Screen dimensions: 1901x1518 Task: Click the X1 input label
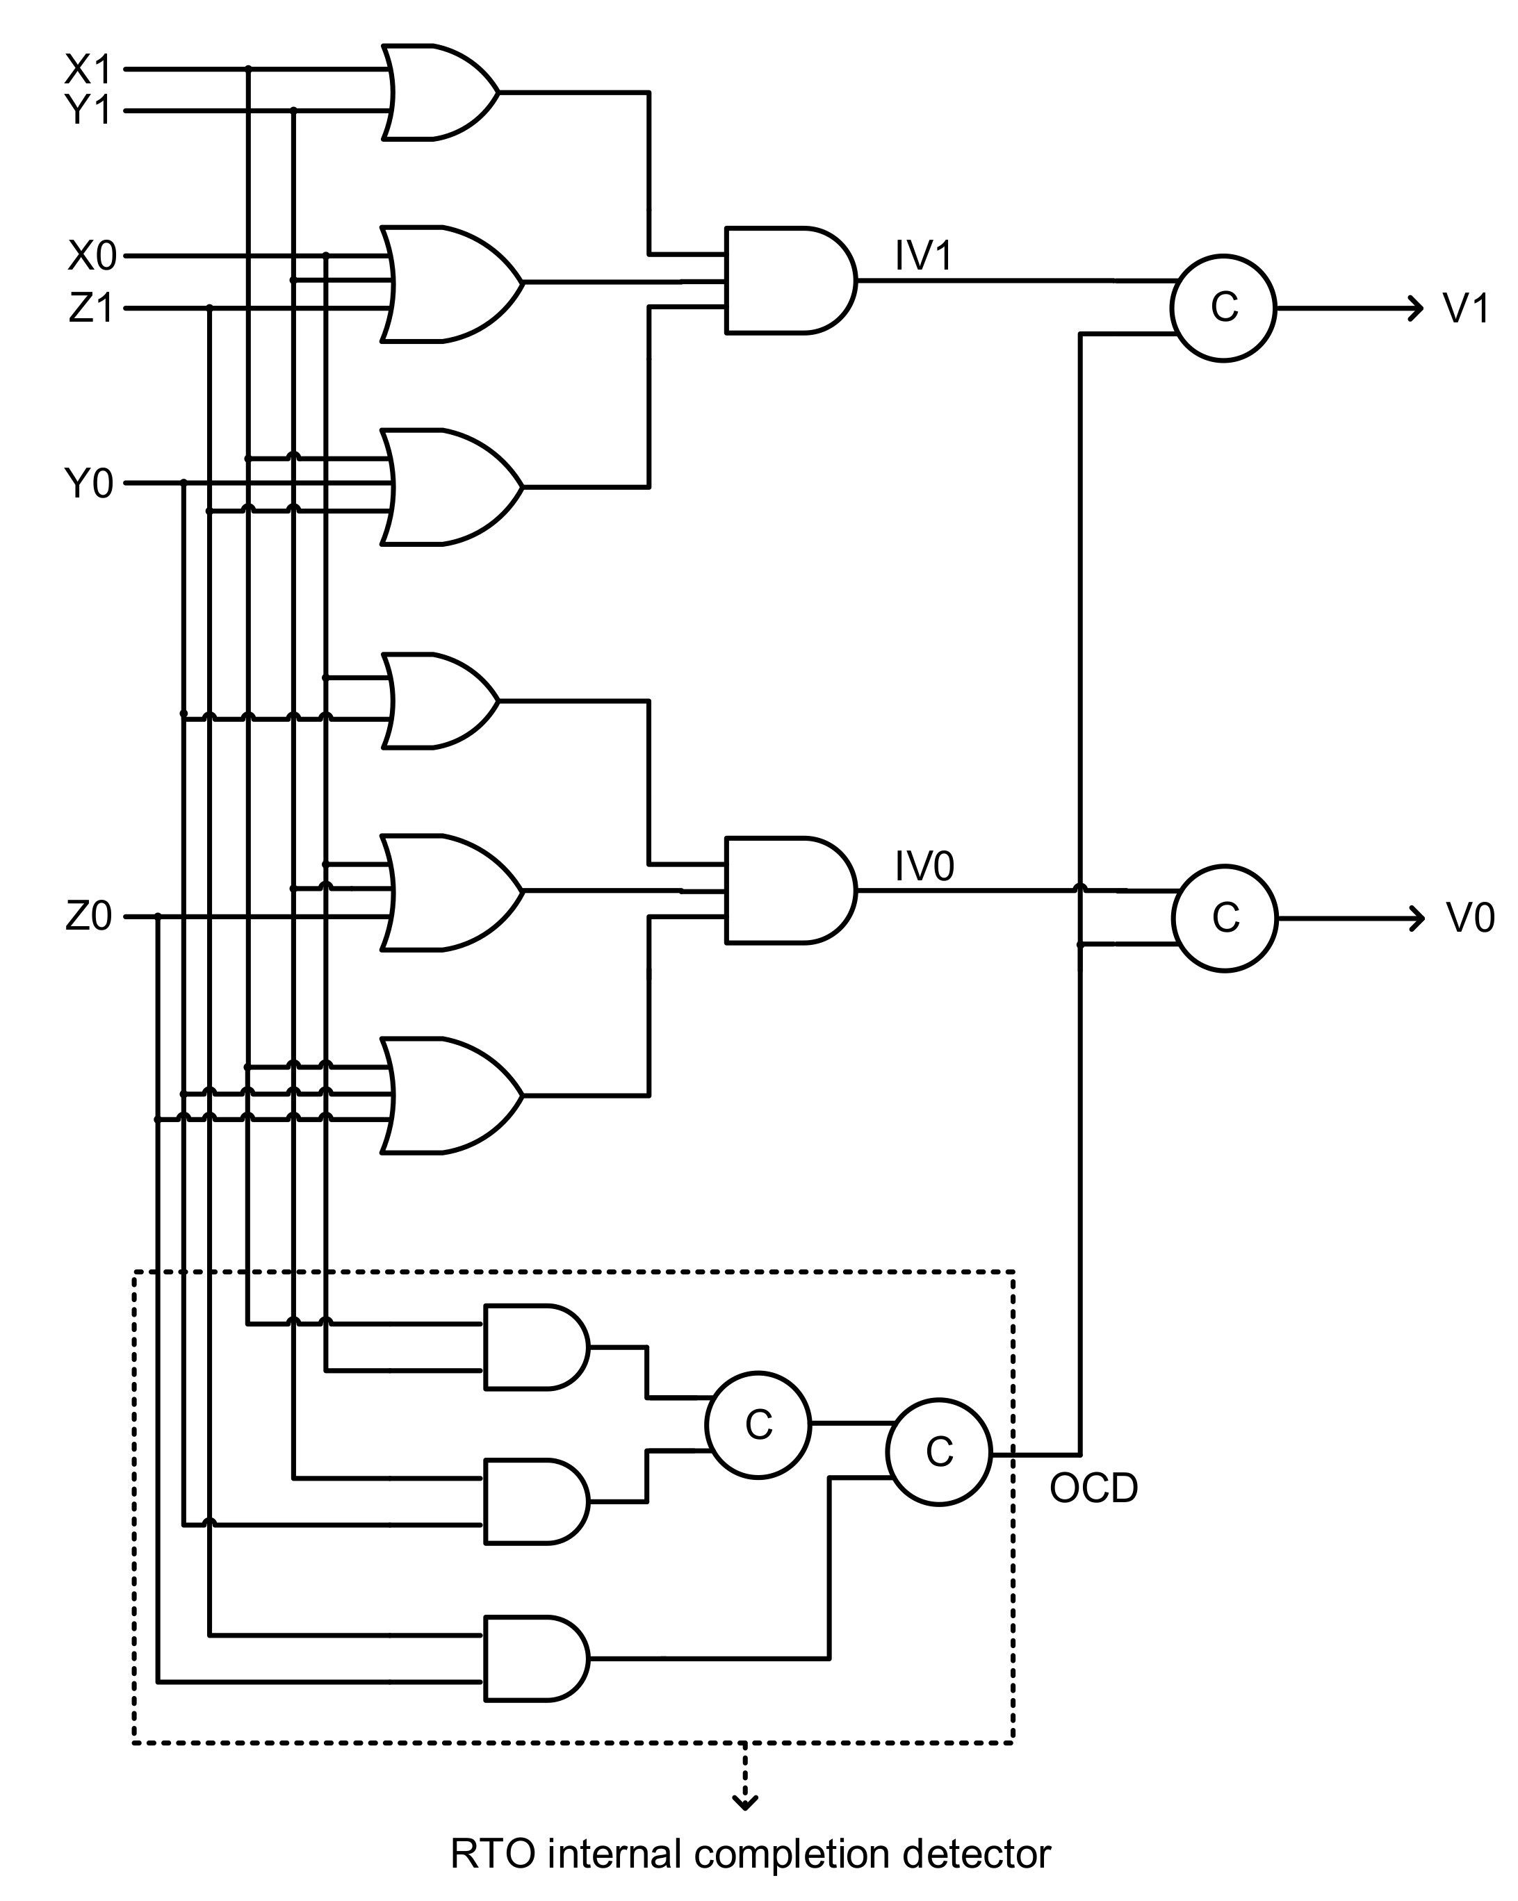[x=88, y=69]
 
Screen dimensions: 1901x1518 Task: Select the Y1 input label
[x=88, y=111]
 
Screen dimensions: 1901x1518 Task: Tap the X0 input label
[x=92, y=256]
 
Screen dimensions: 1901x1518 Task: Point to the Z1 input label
[x=92, y=309]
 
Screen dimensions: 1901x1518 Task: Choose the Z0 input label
[x=89, y=918]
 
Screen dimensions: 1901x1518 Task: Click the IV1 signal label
[x=924, y=256]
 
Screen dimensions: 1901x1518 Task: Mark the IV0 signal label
[x=924, y=866]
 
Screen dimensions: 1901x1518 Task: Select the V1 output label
[x=1466, y=308]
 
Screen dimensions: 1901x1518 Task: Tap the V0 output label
[x=1469, y=919]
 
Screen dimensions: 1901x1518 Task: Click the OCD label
[x=1094, y=1489]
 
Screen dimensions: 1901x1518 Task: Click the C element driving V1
[x=1223, y=308]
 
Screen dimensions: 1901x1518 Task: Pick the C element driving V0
[x=1225, y=919]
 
